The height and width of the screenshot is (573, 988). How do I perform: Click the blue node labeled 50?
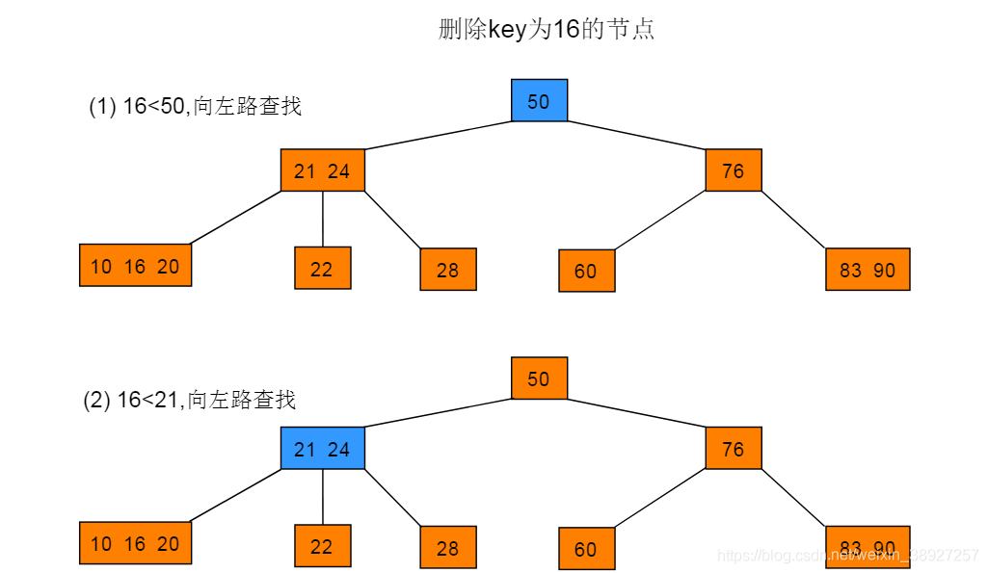(x=539, y=101)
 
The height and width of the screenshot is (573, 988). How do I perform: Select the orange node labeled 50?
(x=539, y=378)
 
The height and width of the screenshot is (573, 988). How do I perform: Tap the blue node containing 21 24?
(x=323, y=449)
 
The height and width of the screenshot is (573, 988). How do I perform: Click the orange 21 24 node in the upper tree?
(x=323, y=170)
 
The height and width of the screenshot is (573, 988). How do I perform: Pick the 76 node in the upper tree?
(x=734, y=170)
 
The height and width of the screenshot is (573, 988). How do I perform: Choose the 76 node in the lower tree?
(x=734, y=449)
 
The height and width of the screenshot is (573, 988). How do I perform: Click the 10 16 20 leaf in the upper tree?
(x=135, y=266)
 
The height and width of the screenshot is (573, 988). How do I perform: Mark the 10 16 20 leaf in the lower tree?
(x=135, y=543)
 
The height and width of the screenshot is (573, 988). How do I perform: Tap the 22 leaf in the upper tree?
(x=322, y=269)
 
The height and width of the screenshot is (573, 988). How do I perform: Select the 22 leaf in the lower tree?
(x=322, y=546)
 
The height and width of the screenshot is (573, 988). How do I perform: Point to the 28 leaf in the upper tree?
(x=448, y=270)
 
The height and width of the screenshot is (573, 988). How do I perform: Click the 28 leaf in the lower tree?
(x=448, y=547)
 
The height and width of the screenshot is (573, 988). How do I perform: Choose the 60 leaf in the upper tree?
(x=586, y=271)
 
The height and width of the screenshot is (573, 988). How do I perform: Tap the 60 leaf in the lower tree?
(x=586, y=549)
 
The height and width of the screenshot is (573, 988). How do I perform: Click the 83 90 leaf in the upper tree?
(x=868, y=270)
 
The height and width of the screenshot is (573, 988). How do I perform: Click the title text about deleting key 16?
(x=547, y=30)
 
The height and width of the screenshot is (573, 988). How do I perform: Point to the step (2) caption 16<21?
(x=190, y=401)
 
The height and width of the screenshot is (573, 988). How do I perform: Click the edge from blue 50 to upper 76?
(x=636, y=136)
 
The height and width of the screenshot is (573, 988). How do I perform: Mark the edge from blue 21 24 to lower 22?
(x=323, y=497)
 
